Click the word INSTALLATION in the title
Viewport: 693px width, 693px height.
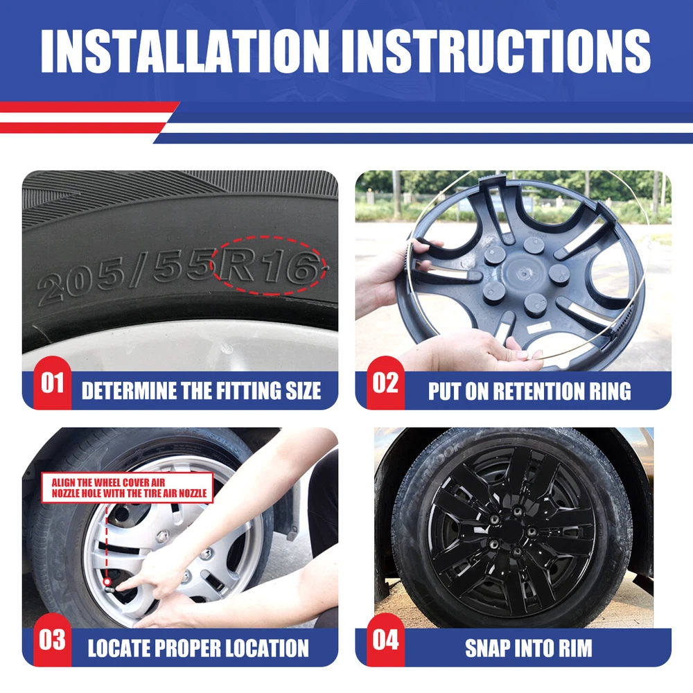point(185,51)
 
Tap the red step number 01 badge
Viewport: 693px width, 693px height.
point(52,383)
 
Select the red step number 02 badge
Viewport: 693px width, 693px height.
point(385,383)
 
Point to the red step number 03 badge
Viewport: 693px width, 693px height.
point(52,640)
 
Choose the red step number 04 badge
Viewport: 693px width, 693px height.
point(385,640)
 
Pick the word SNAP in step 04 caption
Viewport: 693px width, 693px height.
point(485,649)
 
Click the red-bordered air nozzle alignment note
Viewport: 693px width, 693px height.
point(128,488)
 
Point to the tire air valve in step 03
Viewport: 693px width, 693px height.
point(108,586)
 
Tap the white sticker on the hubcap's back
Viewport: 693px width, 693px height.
point(539,328)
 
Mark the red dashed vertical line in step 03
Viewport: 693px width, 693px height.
point(107,541)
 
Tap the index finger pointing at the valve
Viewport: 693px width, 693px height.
point(132,584)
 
